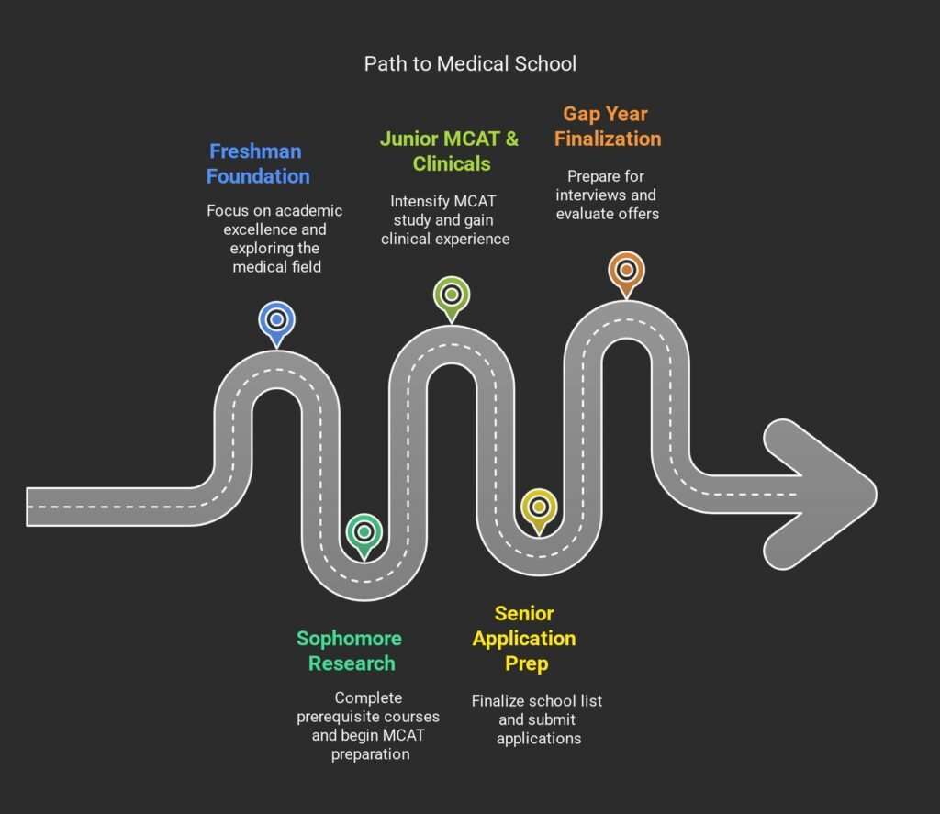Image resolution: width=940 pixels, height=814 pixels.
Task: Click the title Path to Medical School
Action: (x=470, y=63)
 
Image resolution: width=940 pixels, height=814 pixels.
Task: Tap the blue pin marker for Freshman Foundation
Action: (x=276, y=320)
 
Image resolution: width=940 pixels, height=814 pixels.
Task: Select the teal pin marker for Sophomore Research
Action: (x=364, y=532)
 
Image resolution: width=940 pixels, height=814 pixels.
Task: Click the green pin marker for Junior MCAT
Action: (x=451, y=295)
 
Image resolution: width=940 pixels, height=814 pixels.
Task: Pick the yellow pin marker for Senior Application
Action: (x=538, y=507)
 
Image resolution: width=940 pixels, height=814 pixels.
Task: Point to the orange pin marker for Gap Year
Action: (x=626, y=271)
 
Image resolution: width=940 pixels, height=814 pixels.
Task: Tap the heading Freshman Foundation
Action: (x=257, y=163)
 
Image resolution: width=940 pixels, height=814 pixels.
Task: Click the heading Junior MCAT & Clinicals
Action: (x=450, y=151)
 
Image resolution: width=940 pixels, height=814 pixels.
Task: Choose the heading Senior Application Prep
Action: (x=524, y=638)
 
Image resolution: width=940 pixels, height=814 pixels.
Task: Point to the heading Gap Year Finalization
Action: (x=611, y=127)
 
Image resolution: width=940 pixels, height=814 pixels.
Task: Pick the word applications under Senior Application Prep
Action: (x=539, y=738)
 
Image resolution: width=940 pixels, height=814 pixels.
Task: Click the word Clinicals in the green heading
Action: (x=452, y=164)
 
